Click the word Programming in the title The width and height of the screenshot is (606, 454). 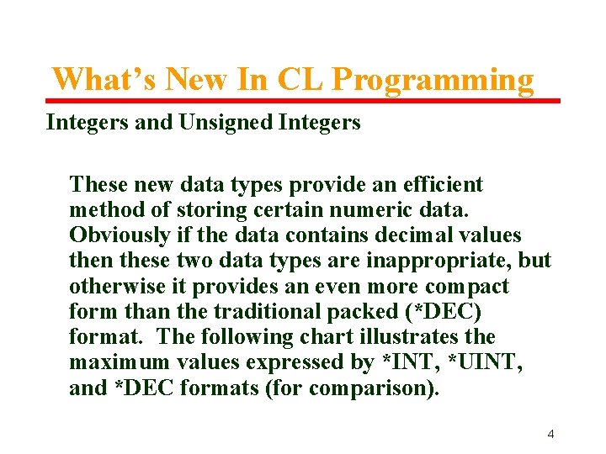(x=433, y=80)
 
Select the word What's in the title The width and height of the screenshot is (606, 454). (x=105, y=80)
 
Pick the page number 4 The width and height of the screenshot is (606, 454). (x=550, y=434)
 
